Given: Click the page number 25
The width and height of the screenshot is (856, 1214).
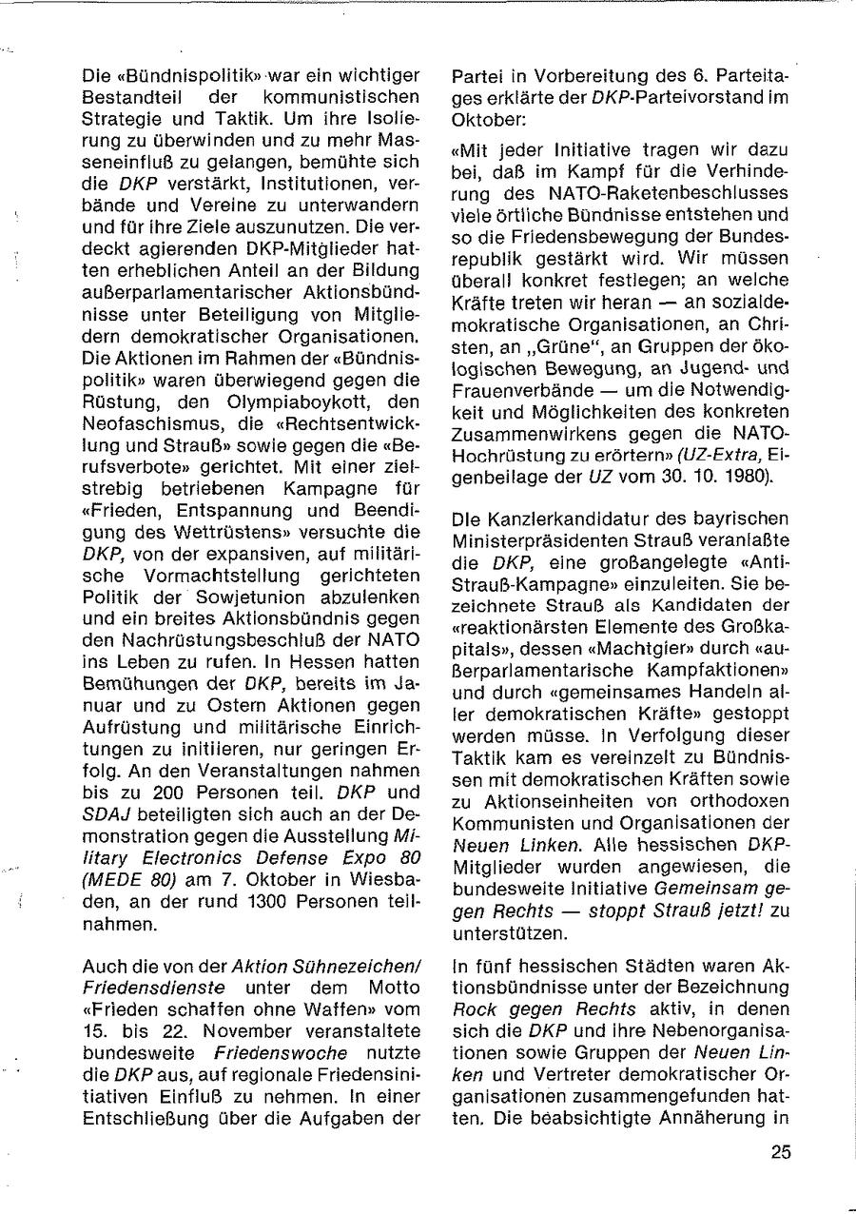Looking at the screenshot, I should click(780, 1152).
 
